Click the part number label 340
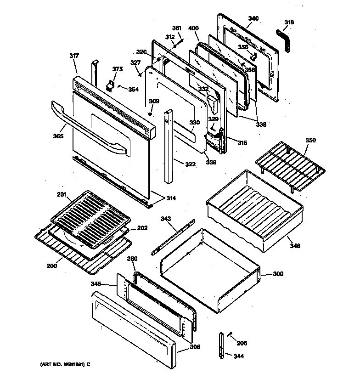coord(253,19)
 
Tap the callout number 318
coord(289,22)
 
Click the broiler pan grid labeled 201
coord(90,216)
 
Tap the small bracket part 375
coord(110,85)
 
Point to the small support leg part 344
coord(222,345)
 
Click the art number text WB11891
coord(61,364)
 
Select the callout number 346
coord(295,246)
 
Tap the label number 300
coord(278,274)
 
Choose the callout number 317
coord(74,56)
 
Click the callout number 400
coord(193,28)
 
